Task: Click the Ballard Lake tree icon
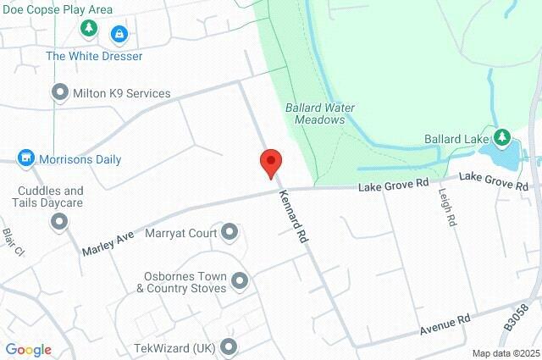(x=501, y=137)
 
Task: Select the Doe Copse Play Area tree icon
(x=89, y=30)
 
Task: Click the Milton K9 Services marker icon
(x=60, y=92)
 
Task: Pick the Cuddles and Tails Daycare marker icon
(x=59, y=222)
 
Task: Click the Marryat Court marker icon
(x=229, y=232)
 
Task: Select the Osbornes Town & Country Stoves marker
(x=240, y=280)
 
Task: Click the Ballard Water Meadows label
(x=320, y=114)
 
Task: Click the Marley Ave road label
(x=108, y=241)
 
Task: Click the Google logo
(x=28, y=350)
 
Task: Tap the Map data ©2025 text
(x=506, y=353)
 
